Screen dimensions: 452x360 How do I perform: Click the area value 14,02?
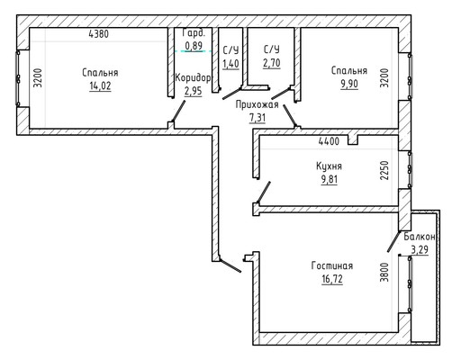(100, 86)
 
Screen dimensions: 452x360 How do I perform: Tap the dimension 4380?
(99, 34)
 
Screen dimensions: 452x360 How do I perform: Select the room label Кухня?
(329, 166)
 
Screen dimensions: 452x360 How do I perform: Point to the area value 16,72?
(332, 279)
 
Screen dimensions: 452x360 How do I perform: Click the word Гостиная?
(332, 265)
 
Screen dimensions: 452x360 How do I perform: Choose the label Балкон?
(420, 237)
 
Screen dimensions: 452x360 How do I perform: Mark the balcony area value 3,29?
(420, 249)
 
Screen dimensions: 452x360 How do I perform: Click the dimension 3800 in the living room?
(384, 272)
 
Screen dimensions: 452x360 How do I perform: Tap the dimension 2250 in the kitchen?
(384, 170)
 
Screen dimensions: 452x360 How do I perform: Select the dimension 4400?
(329, 141)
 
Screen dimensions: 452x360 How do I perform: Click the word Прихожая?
(257, 104)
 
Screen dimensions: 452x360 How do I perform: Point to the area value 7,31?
(258, 118)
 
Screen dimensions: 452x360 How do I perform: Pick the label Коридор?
(193, 78)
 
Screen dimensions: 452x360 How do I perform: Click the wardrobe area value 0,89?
(194, 46)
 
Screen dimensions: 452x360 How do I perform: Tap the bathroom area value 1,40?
(231, 64)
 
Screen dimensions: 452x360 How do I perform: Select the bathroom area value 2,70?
(272, 63)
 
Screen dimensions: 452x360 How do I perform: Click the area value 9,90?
(349, 84)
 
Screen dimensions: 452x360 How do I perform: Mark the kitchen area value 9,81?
(330, 179)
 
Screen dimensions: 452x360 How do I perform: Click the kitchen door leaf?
(264, 193)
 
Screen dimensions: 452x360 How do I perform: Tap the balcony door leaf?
(393, 241)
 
